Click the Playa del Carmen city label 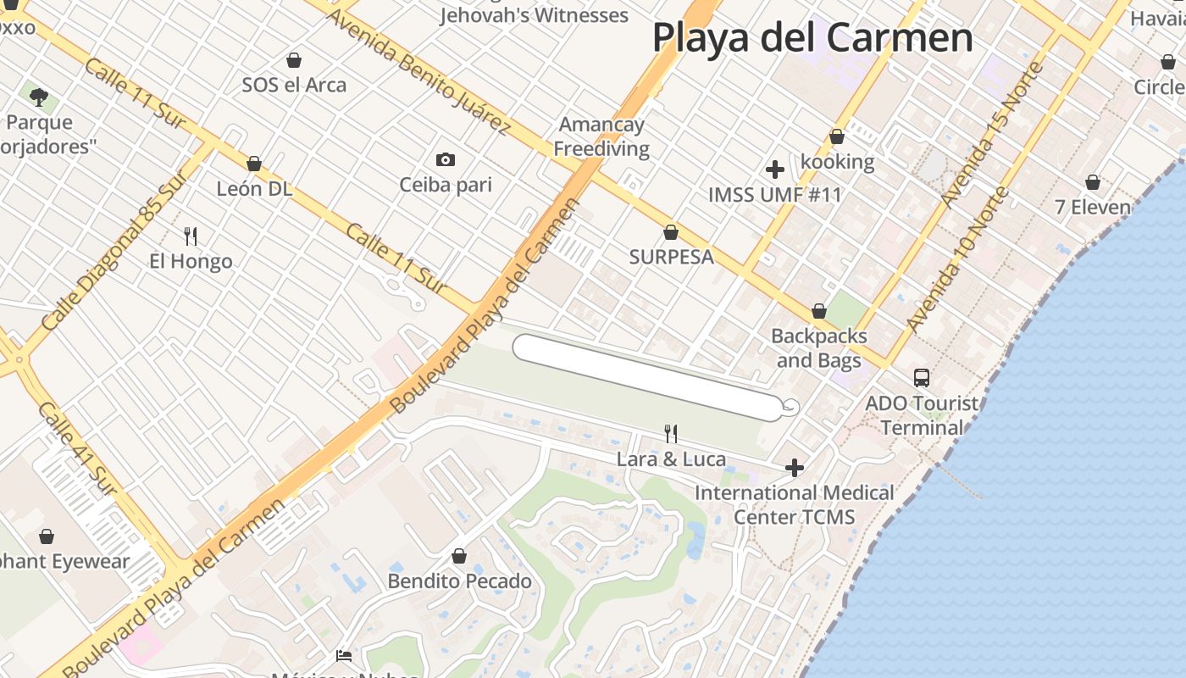tap(812, 37)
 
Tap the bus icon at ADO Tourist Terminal tap(921, 378)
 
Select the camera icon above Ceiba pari tap(445, 159)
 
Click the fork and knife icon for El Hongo tap(191, 236)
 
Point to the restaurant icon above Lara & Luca tap(671, 434)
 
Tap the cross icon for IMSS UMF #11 tap(774, 169)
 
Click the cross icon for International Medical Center tap(794, 467)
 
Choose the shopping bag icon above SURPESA tap(671, 231)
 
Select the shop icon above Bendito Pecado tap(458, 556)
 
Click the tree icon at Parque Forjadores tap(38, 96)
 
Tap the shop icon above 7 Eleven tap(1093, 182)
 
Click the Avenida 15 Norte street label tap(991, 134)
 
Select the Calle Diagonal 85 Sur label tap(114, 253)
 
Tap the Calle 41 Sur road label tap(77, 448)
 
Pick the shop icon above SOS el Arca tap(294, 60)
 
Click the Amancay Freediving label tap(601, 136)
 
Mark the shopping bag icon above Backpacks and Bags tap(818, 311)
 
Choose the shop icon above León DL tap(253, 164)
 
